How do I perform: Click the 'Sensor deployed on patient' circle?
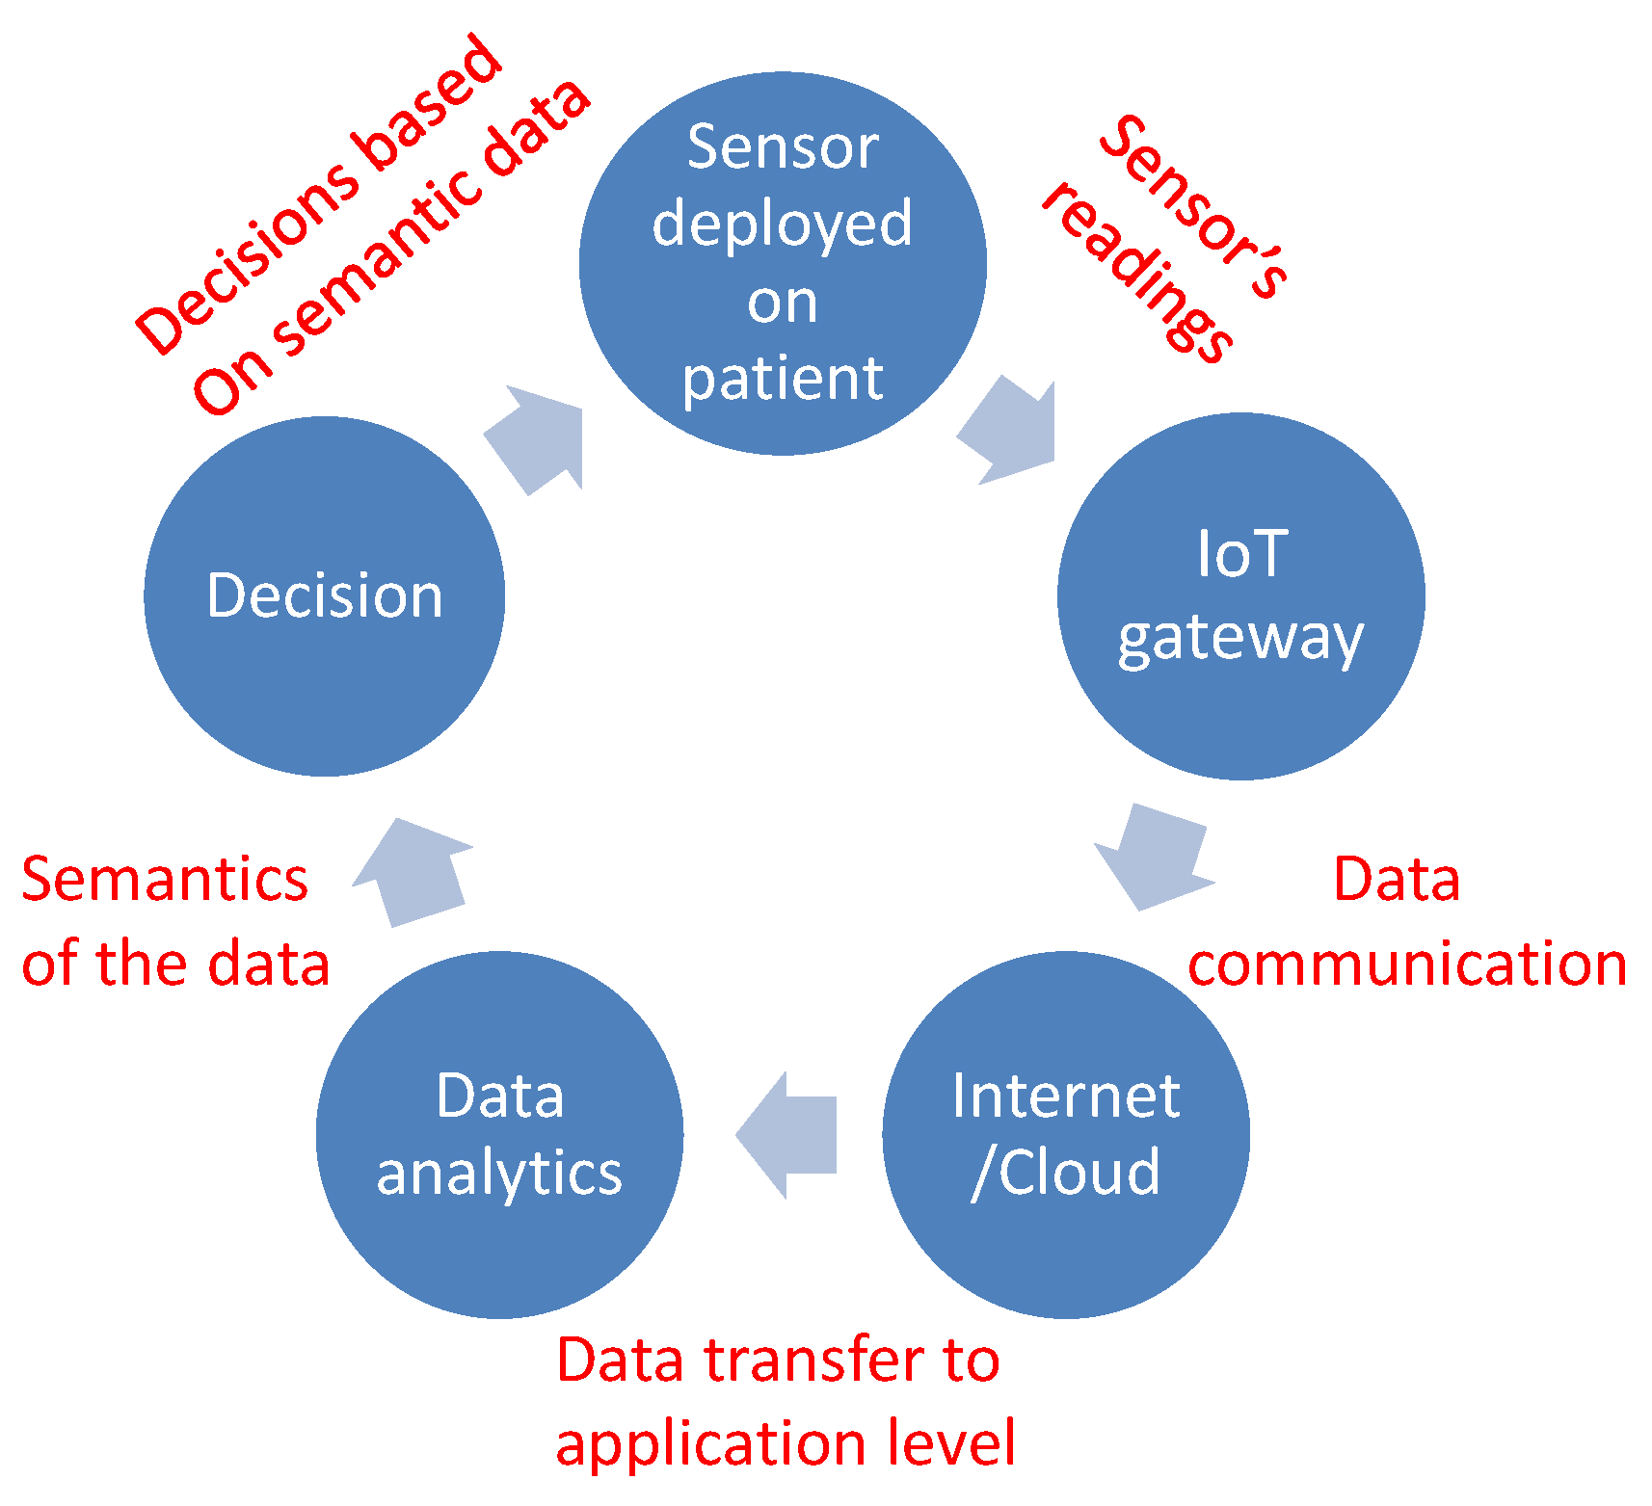(x=783, y=262)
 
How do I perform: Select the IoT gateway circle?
(x=1240, y=595)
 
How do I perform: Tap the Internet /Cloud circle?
(x=1066, y=1134)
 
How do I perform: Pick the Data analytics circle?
(x=499, y=1134)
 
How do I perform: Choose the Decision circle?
(x=325, y=595)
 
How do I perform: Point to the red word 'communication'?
(x=1407, y=964)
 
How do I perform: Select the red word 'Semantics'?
(x=165, y=879)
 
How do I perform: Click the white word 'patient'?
(x=783, y=379)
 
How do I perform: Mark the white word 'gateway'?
(x=1240, y=638)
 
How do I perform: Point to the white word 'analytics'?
(x=499, y=1175)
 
